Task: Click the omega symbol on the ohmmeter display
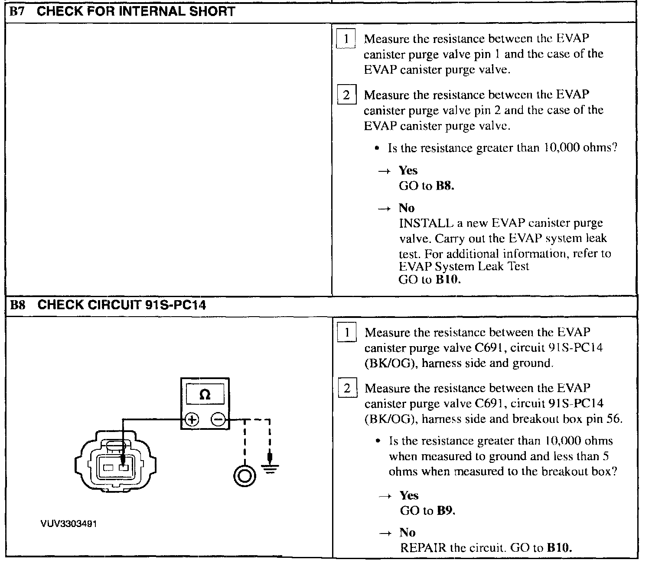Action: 205,395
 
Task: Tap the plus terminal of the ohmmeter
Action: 192,419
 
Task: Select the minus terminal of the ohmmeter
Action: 218,419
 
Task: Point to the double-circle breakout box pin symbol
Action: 244,476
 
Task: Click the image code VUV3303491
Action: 68,524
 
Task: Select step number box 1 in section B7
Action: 346,39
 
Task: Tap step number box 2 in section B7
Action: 346,95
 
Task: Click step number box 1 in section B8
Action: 347,333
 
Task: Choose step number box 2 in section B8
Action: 347,388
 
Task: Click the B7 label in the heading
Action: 17,11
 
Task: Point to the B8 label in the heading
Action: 18,305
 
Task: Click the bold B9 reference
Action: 446,511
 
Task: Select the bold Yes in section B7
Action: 408,170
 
